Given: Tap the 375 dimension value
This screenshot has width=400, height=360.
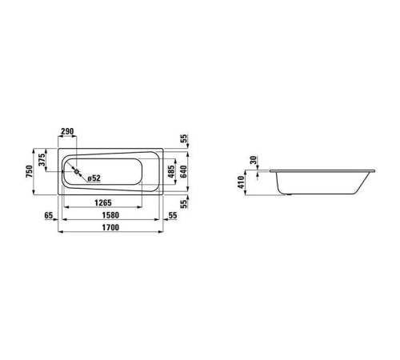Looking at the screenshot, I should [x=42, y=162].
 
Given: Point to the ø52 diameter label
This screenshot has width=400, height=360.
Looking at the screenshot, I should [x=92, y=178].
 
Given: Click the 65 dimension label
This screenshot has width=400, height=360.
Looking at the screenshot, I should [x=49, y=215].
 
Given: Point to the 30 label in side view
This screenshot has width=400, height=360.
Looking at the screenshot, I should [x=254, y=161].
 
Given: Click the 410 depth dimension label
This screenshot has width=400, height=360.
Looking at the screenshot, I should [x=241, y=183].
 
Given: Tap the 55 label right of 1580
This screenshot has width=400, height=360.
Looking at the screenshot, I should [x=174, y=215].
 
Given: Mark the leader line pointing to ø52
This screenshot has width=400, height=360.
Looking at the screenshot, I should [x=81, y=174].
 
